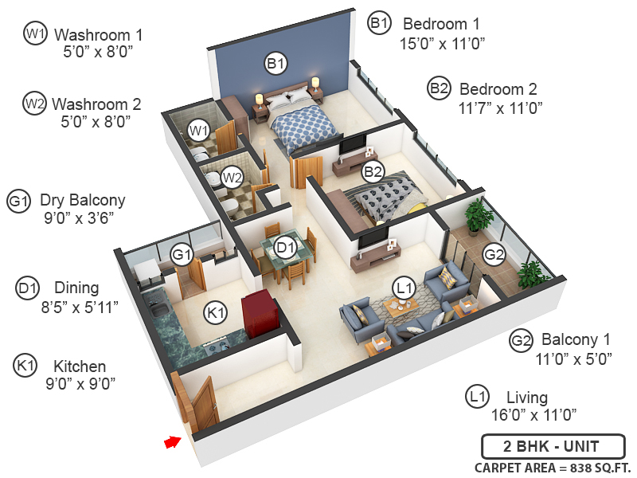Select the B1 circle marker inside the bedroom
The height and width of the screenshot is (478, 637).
[x=276, y=61]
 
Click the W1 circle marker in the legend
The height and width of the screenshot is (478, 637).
[x=35, y=34]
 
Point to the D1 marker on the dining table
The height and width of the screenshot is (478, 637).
[x=285, y=249]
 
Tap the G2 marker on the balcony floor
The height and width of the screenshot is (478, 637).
[x=494, y=255]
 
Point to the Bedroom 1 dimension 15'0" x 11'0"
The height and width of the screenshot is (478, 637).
[x=443, y=42]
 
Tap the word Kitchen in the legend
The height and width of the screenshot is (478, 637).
[x=79, y=366]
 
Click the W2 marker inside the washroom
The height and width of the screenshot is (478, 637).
[x=232, y=177]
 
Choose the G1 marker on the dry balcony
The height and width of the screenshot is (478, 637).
[x=182, y=254]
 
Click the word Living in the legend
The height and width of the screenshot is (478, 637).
[x=526, y=397]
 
